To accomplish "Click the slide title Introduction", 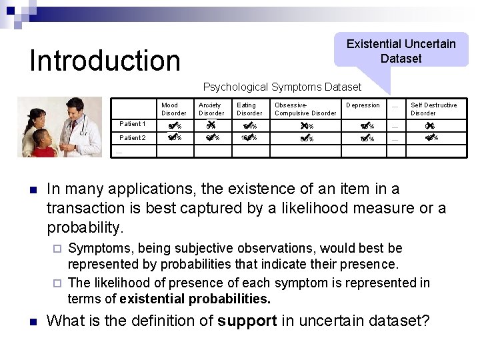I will point(105,60).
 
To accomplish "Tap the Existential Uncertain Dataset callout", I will point(401,51).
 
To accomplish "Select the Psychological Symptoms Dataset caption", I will point(281,87).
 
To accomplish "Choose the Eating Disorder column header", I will point(249,109).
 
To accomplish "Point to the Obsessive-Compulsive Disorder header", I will point(305,109).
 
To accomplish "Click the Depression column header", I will point(363,105).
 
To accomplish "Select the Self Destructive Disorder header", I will point(433,109).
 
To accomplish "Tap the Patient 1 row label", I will point(132,124).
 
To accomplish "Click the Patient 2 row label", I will point(132,138).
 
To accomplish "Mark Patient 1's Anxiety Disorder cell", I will point(211,125).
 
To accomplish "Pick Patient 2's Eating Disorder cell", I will point(249,138).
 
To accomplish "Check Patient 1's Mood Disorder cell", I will point(175,125).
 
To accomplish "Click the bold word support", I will point(247,321).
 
